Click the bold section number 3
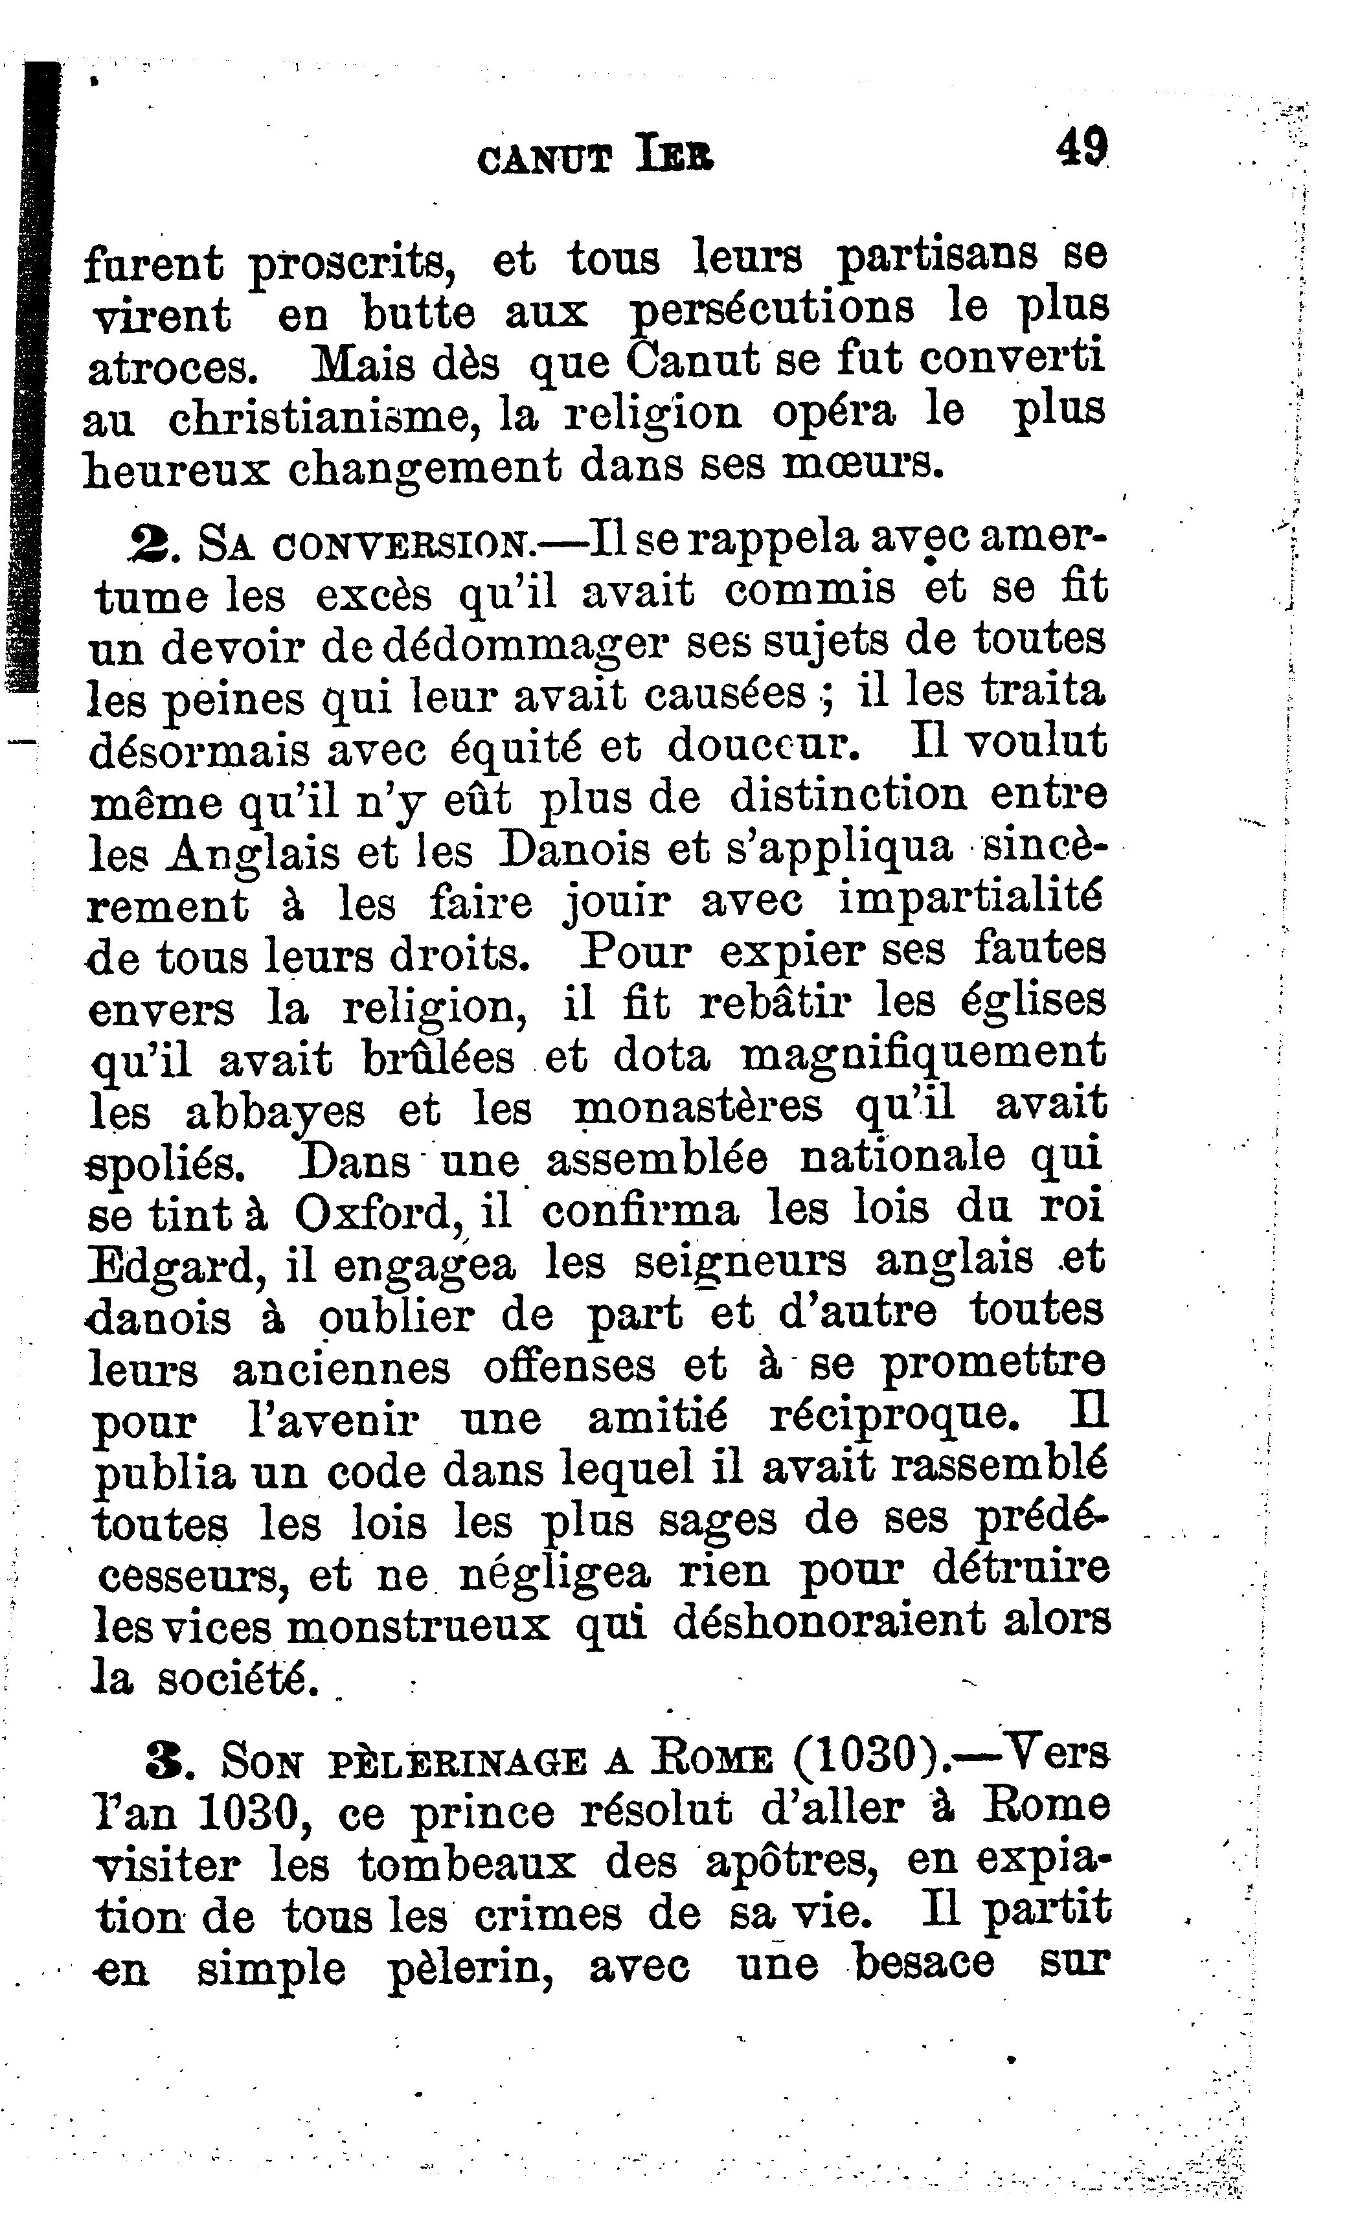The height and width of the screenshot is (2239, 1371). (x=165, y=1760)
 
